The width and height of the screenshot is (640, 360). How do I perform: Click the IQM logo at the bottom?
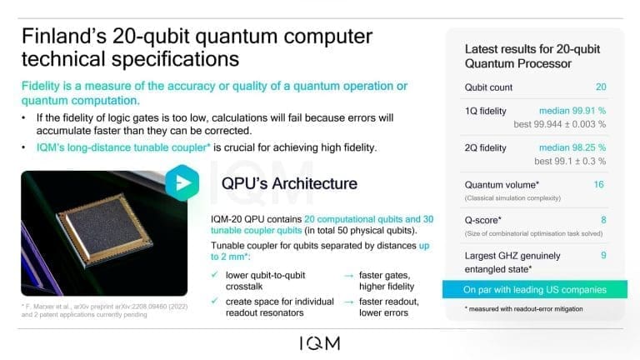point(320,342)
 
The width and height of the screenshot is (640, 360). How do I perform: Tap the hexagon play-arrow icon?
point(182,183)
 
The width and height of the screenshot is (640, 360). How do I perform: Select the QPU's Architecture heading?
point(289,182)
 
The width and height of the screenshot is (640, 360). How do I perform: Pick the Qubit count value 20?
point(600,87)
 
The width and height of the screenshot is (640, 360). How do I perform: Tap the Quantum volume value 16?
point(598,184)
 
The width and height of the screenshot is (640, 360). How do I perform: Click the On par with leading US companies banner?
point(534,290)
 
